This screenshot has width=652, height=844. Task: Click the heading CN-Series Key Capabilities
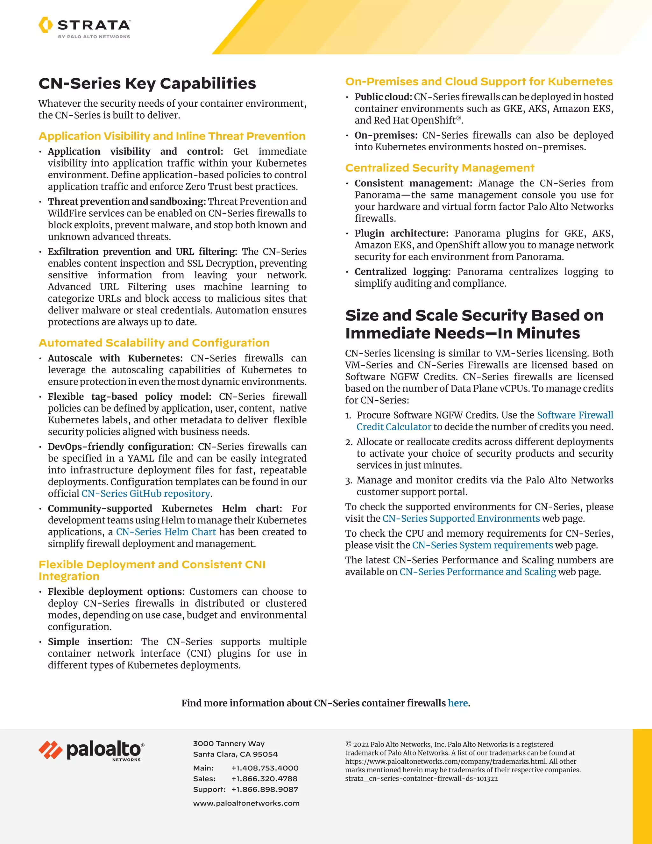[147, 83]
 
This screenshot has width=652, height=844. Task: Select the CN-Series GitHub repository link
[145, 493]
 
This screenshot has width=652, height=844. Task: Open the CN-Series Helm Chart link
[166, 532]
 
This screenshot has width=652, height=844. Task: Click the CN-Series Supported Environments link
[461, 518]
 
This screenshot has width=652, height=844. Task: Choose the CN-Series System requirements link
[482, 545]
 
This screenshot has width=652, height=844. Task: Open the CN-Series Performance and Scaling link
[478, 572]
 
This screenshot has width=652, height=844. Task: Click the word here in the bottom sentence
[458, 703]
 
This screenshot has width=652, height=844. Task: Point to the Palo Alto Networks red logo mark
[51, 750]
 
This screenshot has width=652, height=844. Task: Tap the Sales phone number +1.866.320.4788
[265, 779]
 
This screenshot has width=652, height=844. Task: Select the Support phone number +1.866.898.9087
[265, 789]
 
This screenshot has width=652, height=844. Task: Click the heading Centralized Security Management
[440, 168]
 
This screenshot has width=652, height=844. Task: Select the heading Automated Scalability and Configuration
[154, 343]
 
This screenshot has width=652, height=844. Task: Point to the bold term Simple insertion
[90, 641]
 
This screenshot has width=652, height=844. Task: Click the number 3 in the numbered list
[348, 481]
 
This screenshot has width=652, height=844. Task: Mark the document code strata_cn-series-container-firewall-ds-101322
[421, 778]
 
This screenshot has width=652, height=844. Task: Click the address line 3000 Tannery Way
[229, 744]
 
